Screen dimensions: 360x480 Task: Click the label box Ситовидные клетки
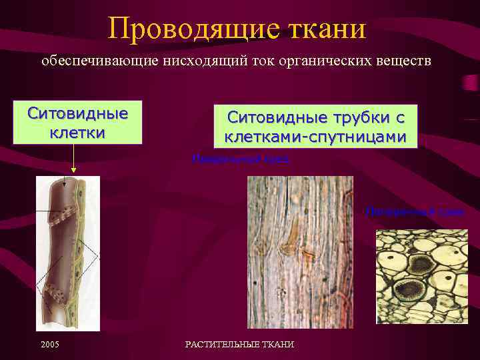click(x=77, y=122)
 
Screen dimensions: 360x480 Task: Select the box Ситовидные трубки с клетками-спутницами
click(x=315, y=127)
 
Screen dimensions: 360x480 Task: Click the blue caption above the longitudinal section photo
click(x=241, y=159)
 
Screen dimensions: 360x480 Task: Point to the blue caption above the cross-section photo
click(x=414, y=211)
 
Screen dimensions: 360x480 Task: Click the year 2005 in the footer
click(x=50, y=343)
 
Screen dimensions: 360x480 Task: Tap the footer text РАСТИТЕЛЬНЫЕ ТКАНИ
click(x=239, y=343)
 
